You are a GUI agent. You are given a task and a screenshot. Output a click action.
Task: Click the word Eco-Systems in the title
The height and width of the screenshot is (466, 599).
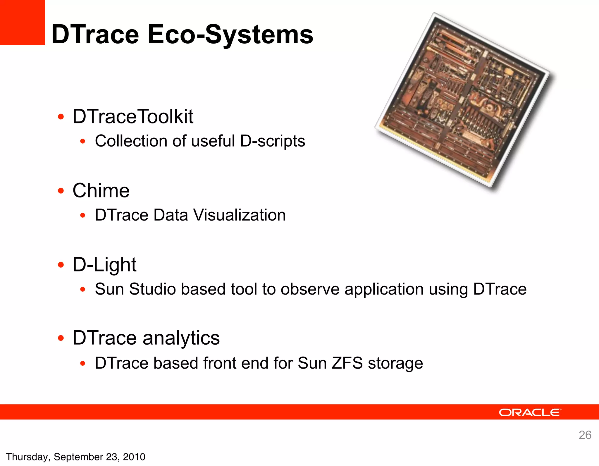point(230,35)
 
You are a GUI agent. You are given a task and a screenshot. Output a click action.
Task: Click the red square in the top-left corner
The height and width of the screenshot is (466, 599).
point(22,22)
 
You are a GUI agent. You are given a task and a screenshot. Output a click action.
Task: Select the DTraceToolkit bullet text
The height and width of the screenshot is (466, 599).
point(133,116)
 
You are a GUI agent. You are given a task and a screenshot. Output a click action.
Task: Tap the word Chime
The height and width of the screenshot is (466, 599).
point(101,191)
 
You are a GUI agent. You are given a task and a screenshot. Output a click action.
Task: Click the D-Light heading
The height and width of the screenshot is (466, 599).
point(104,264)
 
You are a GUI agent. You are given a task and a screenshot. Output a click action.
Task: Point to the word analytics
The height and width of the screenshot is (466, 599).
point(181,338)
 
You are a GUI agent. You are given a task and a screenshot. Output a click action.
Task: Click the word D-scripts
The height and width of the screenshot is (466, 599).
point(273,141)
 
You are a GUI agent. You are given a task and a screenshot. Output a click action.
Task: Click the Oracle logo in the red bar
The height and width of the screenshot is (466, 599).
point(530,412)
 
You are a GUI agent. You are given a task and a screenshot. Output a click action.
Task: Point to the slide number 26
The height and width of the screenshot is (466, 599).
point(585,435)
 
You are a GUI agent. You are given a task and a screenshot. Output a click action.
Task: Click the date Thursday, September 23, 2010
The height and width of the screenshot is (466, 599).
point(75,457)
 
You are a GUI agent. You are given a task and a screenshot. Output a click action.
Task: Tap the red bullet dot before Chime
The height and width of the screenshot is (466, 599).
point(61,191)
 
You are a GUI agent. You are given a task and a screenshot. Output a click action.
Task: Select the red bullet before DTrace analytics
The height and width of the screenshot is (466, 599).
point(61,338)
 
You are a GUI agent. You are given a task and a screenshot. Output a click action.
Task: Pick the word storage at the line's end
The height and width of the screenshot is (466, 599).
point(395,363)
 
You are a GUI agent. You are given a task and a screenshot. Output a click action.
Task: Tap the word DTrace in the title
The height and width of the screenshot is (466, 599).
point(95,35)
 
